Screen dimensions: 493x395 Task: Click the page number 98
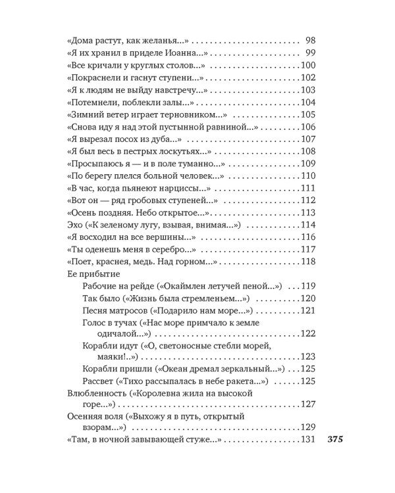(311, 41)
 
